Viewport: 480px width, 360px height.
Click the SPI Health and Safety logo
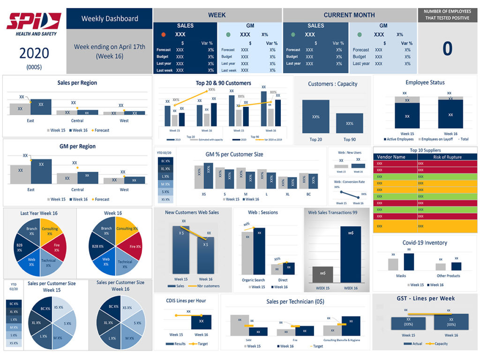point(34,23)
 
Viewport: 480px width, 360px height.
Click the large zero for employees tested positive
point(448,49)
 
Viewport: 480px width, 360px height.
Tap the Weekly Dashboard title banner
point(110,19)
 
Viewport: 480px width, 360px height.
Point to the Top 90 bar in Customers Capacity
point(350,123)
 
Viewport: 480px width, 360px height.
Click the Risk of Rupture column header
point(447,157)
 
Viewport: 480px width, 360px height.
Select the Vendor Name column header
point(395,157)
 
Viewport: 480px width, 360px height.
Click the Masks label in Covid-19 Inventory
point(401,276)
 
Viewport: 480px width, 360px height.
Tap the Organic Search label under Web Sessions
point(254,280)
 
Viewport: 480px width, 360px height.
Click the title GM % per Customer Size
point(234,154)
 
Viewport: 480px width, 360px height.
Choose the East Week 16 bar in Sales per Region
point(41,107)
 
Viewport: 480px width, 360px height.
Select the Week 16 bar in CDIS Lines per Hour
point(201,322)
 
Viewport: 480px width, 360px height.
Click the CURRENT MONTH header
point(349,15)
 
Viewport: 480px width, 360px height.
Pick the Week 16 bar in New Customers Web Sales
point(205,255)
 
